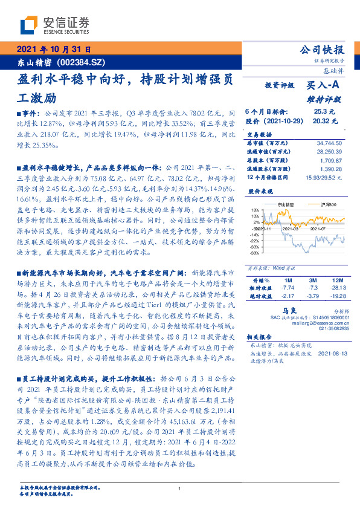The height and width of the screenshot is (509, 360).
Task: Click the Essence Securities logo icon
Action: coord(28,25)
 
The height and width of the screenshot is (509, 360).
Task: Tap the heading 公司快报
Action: coord(327,50)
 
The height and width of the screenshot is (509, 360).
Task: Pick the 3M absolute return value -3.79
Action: coord(312,296)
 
